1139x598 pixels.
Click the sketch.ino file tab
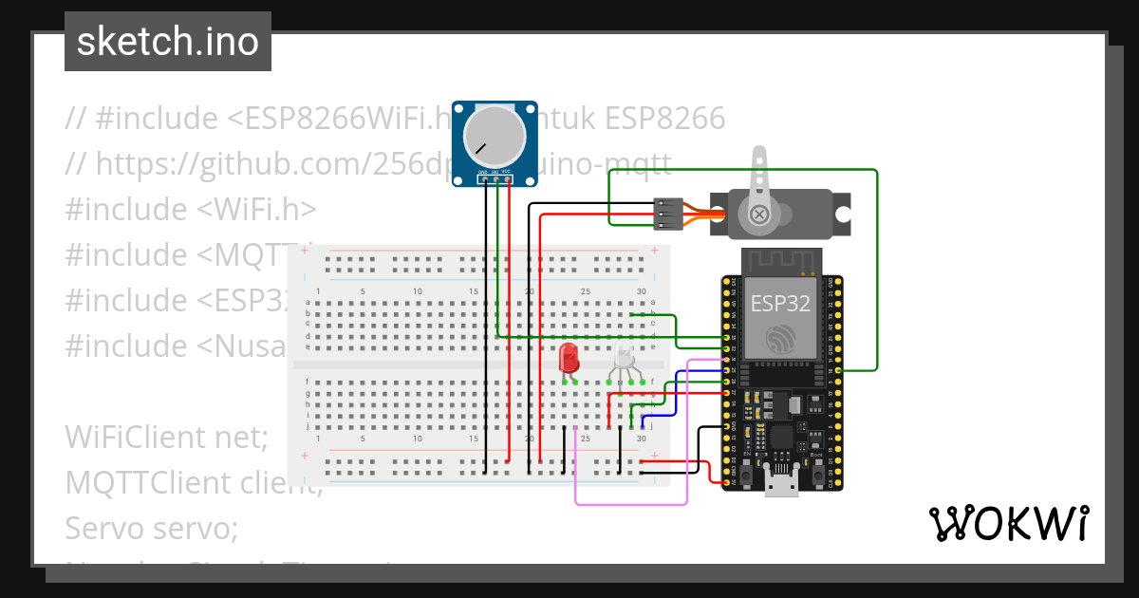167,42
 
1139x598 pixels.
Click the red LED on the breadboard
569,358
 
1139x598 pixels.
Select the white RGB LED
624,359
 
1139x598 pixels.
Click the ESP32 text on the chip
780,303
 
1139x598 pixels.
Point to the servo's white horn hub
759,215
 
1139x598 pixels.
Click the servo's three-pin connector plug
668,215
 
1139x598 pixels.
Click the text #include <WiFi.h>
191,209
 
